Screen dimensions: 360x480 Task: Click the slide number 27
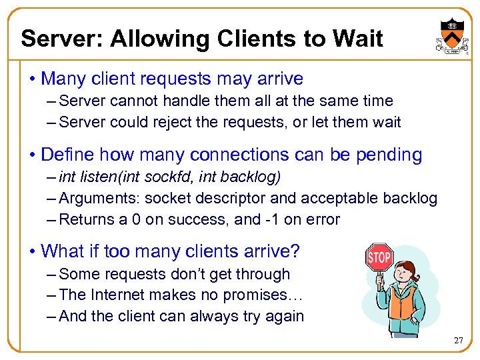pos(457,341)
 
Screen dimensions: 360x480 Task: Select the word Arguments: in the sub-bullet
pos(99,199)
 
